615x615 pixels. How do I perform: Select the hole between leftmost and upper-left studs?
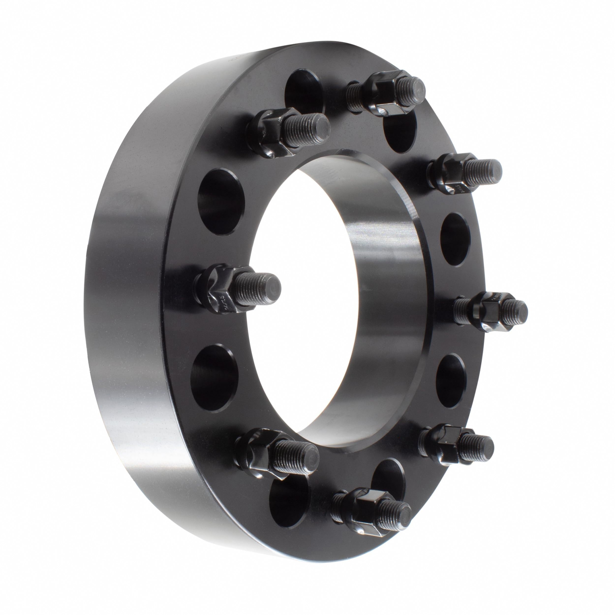221,202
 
